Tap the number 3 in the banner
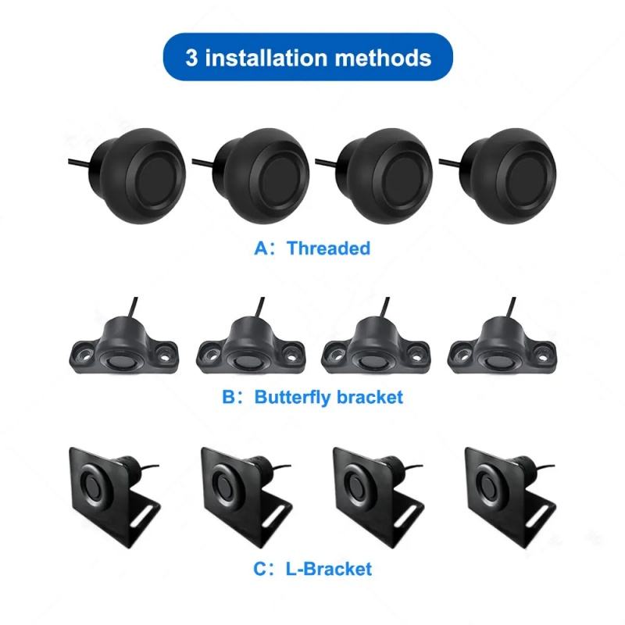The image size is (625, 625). coord(191,57)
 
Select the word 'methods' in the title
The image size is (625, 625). coord(383,57)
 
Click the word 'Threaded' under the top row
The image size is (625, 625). coord(328,248)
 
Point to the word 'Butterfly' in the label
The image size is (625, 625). coord(293,398)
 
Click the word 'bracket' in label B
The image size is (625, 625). coord(370,397)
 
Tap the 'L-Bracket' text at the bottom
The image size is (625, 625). coord(329,569)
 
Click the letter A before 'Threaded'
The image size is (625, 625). coord(262,248)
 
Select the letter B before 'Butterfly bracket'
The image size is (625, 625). coord(229,397)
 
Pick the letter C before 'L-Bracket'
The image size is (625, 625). coord(260,569)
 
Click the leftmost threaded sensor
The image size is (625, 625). coord(137,175)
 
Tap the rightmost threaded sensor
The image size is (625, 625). coord(509,175)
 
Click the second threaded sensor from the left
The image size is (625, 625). coord(261,175)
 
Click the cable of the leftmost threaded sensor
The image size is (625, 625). coord(80,162)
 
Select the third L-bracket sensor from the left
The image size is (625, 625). coord(379,498)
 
